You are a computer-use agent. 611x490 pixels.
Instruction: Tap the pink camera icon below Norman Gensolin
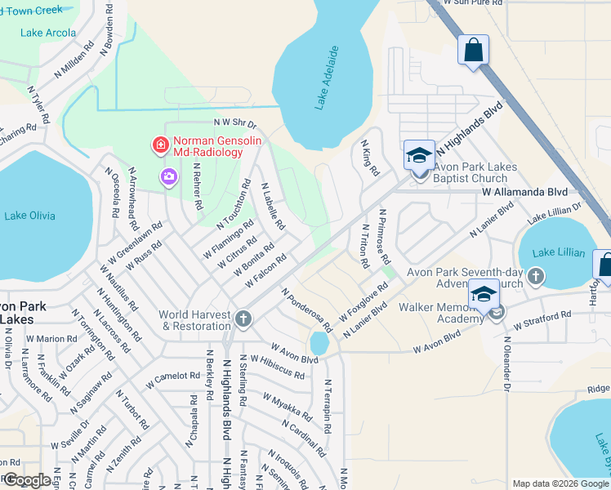[x=169, y=176]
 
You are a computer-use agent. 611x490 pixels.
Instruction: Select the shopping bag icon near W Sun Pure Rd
[x=473, y=49]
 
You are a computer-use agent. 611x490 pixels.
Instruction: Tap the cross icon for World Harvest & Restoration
[x=243, y=318]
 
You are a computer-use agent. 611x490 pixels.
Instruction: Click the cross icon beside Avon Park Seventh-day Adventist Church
[x=536, y=275]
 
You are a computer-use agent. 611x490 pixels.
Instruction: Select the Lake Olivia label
[x=30, y=216]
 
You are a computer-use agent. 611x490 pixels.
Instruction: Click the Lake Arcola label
[x=50, y=33]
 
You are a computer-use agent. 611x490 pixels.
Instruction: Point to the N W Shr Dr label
[x=235, y=122]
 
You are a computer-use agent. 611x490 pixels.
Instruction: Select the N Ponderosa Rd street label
[x=306, y=310]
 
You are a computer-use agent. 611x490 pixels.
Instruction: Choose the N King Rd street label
[x=370, y=158]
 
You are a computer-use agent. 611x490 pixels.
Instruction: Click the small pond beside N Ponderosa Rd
[x=319, y=345]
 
